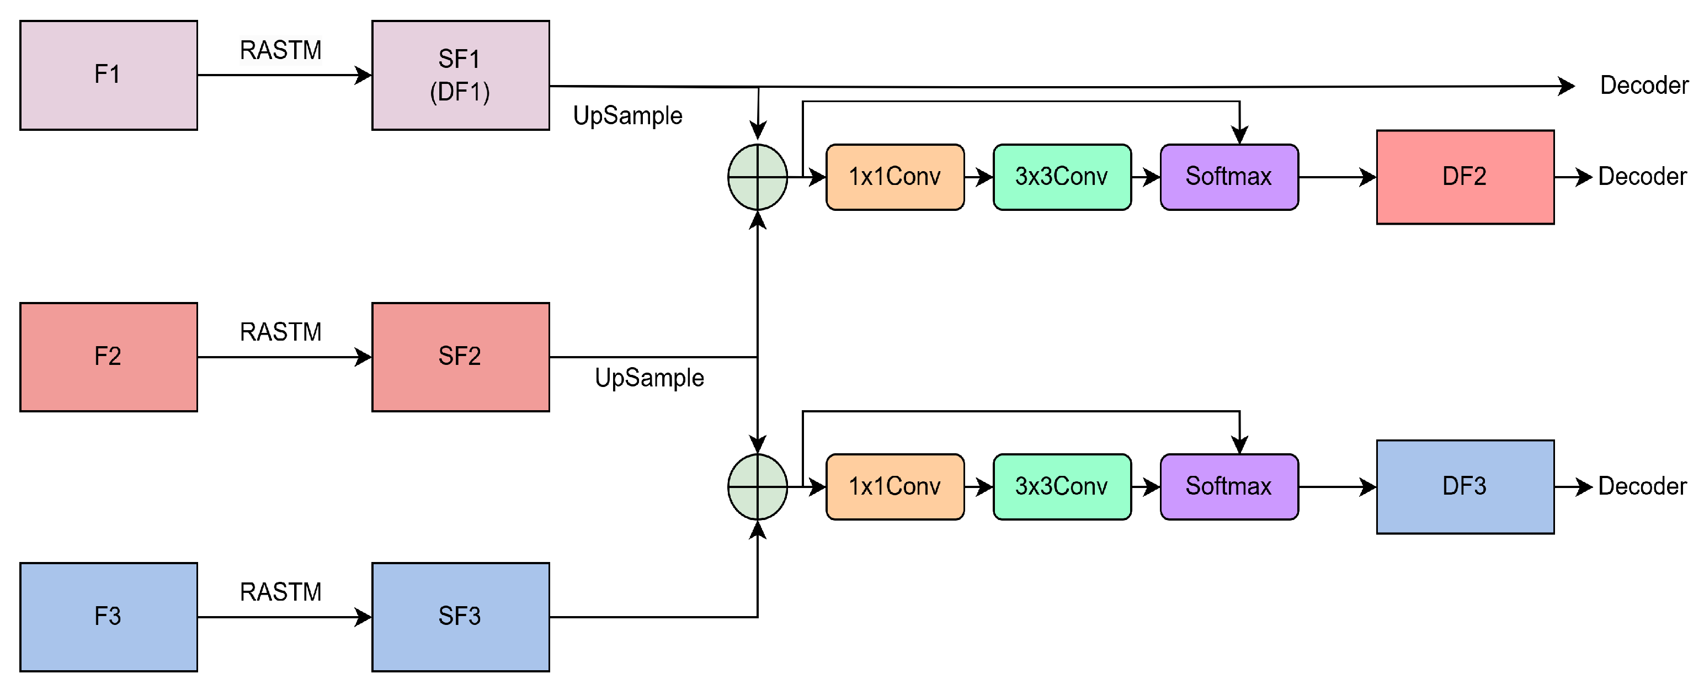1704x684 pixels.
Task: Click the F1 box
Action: [x=109, y=75]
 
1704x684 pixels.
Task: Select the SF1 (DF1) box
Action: [x=460, y=75]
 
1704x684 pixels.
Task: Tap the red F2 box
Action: [x=109, y=357]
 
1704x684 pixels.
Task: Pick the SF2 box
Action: [x=460, y=357]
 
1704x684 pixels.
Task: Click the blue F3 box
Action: [x=109, y=617]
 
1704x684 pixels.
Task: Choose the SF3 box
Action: [x=460, y=617]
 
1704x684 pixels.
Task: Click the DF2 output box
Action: [x=1465, y=177]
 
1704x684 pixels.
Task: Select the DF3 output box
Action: [x=1465, y=486]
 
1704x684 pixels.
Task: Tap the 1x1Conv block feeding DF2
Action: [x=894, y=177]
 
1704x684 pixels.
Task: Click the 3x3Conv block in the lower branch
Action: [x=1061, y=486]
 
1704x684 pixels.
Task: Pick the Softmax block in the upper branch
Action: [x=1228, y=177]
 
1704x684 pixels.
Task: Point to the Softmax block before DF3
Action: [x=1228, y=486]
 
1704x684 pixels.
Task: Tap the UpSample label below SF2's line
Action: [x=649, y=378]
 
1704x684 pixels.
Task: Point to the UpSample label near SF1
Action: [x=627, y=116]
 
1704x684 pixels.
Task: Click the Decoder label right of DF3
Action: [x=1642, y=486]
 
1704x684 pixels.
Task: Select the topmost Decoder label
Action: [x=1644, y=86]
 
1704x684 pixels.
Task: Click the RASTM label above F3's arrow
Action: [x=280, y=592]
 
